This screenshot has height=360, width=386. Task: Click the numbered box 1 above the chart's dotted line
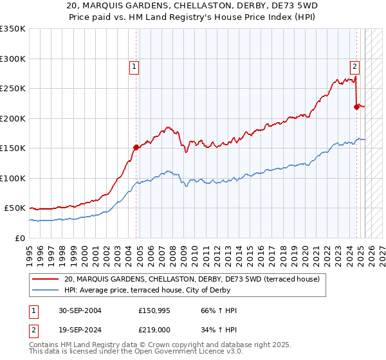click(134, 66)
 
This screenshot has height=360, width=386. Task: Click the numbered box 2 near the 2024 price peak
click(354, 65)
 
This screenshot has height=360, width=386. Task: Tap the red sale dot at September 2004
click(136, 147)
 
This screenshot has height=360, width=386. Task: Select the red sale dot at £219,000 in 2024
click(356, 107)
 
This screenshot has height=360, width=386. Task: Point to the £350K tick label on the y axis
click(13, 29)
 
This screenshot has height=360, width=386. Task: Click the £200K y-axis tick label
click(13, 118)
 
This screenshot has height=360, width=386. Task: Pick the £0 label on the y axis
click(19, 238)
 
